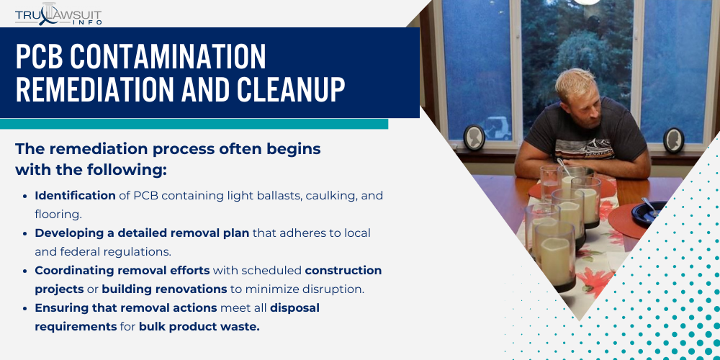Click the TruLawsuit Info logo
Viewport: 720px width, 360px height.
tap(58, 14)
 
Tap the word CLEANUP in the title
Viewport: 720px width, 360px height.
tap(291, 89)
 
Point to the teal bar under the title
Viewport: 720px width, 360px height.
tap(194, 124)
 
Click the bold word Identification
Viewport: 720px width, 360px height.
tap(76, 196)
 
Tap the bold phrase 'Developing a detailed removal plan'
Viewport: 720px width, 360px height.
tap(142, 233)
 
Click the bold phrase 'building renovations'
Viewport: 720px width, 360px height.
tap(164, 289)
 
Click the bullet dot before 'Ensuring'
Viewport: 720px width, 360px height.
tap(25, 309)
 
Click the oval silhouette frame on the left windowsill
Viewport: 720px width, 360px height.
tap(474, 138)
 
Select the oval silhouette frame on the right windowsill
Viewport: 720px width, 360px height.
tap(674, 140)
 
